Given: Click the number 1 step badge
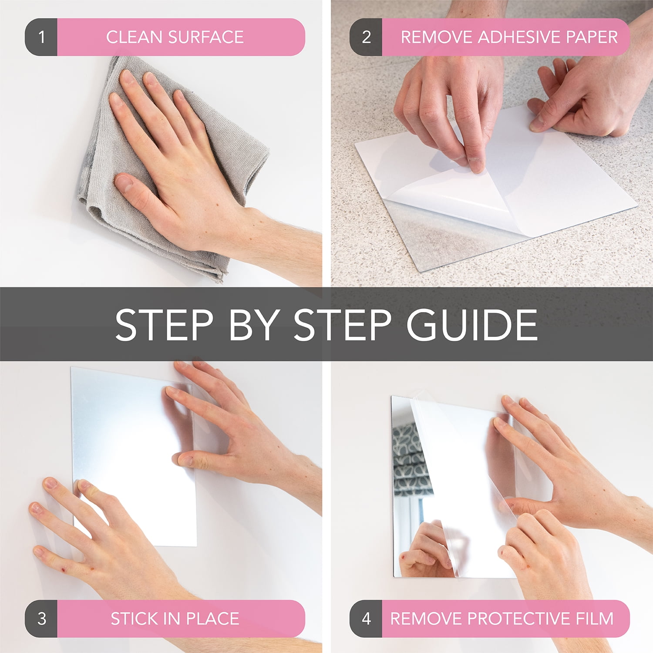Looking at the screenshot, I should coord(41,37).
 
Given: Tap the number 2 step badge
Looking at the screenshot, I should coord(366,37).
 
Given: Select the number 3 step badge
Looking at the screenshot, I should coord(41,619).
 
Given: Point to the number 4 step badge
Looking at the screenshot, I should coord(366,619).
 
